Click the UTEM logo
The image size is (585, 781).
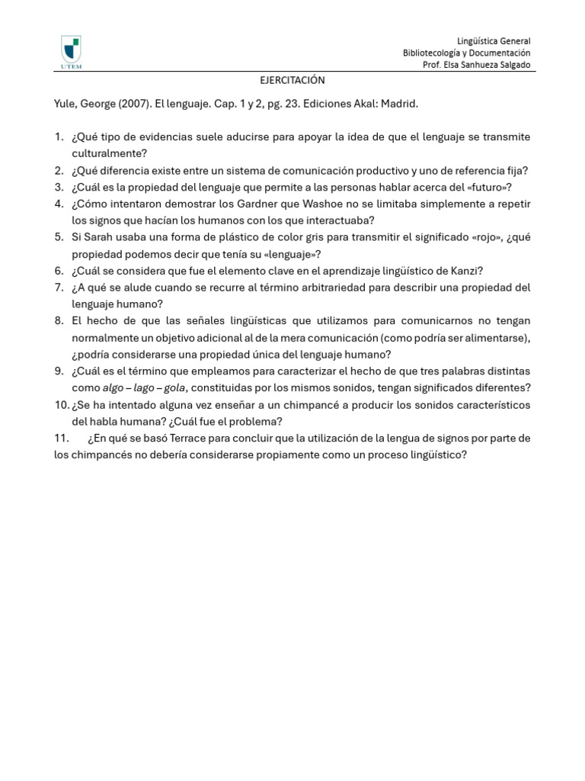coord(71,53)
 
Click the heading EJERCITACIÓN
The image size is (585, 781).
coord(292,80)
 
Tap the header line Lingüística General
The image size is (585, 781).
coord(494,41)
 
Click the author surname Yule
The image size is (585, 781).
coord(66,103)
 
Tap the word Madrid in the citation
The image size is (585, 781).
coord(400,103)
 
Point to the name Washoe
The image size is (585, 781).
coord(354,204)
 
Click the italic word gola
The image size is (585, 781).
coord(175,388)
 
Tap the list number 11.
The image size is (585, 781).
coord(62,439)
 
